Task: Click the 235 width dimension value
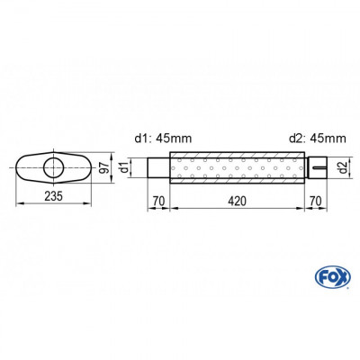click(54, 198)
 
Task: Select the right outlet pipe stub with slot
click(314, 167)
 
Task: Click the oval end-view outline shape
click(27, 167)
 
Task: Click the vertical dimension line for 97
click(112, 167)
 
